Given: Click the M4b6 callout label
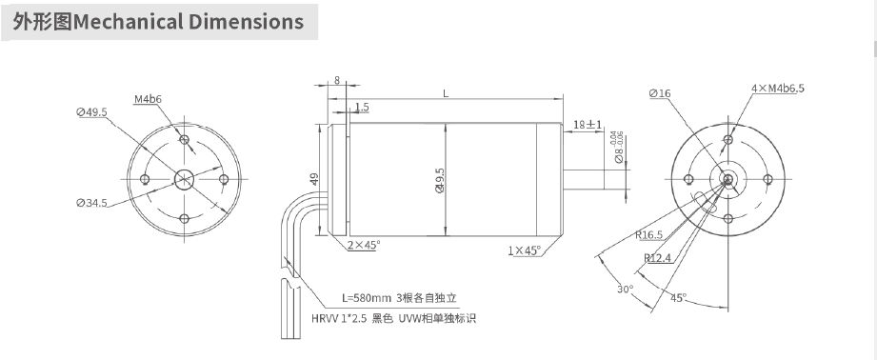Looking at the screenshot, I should click(148, 99).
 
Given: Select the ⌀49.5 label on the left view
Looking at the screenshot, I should click(92, 111).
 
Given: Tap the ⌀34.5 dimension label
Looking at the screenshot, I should click(92, 203).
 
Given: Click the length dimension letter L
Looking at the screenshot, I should click(446, 92).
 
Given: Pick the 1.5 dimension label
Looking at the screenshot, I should click(362, 107).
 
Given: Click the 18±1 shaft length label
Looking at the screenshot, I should click(588, 125).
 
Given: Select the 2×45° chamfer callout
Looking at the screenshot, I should click(363, 245).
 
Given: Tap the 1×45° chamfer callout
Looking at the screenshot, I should click(524, 250).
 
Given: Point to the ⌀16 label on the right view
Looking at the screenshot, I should click(660, 93).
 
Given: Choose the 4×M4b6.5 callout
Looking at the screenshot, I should click(777, 88).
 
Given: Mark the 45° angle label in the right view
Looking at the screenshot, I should click(677, 298).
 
